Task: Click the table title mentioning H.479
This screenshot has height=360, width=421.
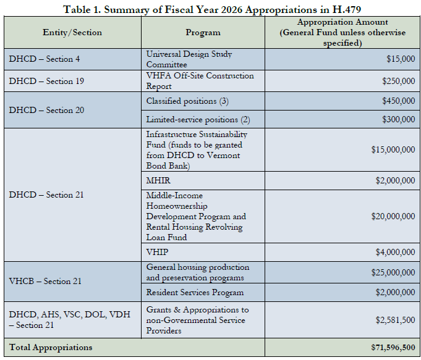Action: [212, 9]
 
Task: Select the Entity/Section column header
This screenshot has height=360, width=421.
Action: [72, 33]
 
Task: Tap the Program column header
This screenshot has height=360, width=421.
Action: [203, 33]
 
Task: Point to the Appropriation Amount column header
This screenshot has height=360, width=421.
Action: [342, 33]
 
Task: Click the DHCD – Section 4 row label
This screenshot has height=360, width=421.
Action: [45, 59]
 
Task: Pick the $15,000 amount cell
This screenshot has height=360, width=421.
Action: [401, 59]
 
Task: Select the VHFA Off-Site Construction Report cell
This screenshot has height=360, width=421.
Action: [200, 81]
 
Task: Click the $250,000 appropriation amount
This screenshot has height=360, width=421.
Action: [399, 81]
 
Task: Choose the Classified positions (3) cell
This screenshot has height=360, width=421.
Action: [187, 101]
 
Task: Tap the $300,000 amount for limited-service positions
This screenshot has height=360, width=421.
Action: [399, 119]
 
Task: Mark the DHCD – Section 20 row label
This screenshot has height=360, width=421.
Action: [46, 110]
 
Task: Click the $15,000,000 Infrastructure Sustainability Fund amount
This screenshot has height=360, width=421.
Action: [393, 149]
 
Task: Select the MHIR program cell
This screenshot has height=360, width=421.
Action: [158, 180]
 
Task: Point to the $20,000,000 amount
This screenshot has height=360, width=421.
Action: [393, 216]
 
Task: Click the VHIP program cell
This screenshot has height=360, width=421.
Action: [157, 252]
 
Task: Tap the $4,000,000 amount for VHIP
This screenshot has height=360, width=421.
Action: [395, 252]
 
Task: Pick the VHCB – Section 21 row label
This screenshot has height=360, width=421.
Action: [45, 281]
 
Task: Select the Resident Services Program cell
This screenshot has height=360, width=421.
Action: [195, 293]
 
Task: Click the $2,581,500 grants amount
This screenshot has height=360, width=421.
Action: [395, 320]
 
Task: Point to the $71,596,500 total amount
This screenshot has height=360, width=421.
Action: [393, 348]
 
